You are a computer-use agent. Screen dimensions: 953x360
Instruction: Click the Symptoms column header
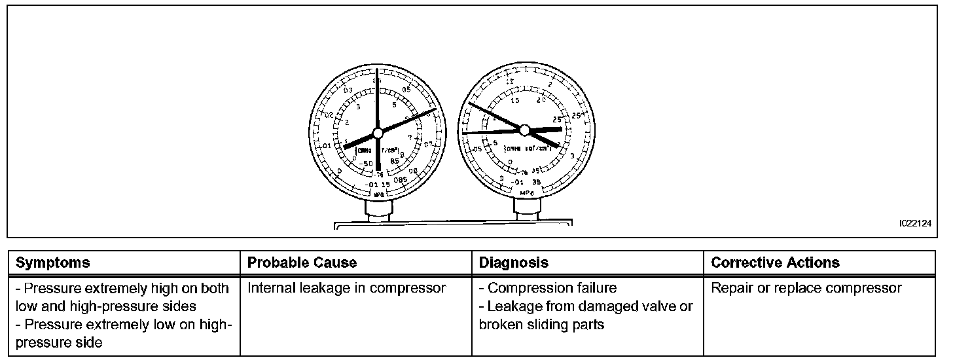click(52, 263)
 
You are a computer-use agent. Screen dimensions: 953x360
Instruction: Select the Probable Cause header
click(302, 263)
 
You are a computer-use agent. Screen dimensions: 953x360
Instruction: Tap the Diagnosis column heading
click(514, 263)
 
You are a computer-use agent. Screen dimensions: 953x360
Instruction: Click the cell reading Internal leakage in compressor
click(346, 288)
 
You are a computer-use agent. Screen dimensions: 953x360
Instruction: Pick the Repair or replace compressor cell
click(806, 288)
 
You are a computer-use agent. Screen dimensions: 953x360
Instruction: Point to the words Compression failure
click(552, 288)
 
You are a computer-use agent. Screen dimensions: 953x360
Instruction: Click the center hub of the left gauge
click(377, 133)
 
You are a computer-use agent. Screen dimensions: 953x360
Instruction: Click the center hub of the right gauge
click(524, 130)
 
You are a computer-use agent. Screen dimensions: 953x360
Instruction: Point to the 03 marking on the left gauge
click(348, 90)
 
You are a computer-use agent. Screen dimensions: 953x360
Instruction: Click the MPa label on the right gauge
click(526, 194)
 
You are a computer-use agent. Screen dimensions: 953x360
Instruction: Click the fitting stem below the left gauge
click(378, 211)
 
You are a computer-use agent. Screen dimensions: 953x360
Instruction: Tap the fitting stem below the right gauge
click(526, 207)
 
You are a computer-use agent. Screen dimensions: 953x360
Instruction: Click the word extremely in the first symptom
click(134, 288)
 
